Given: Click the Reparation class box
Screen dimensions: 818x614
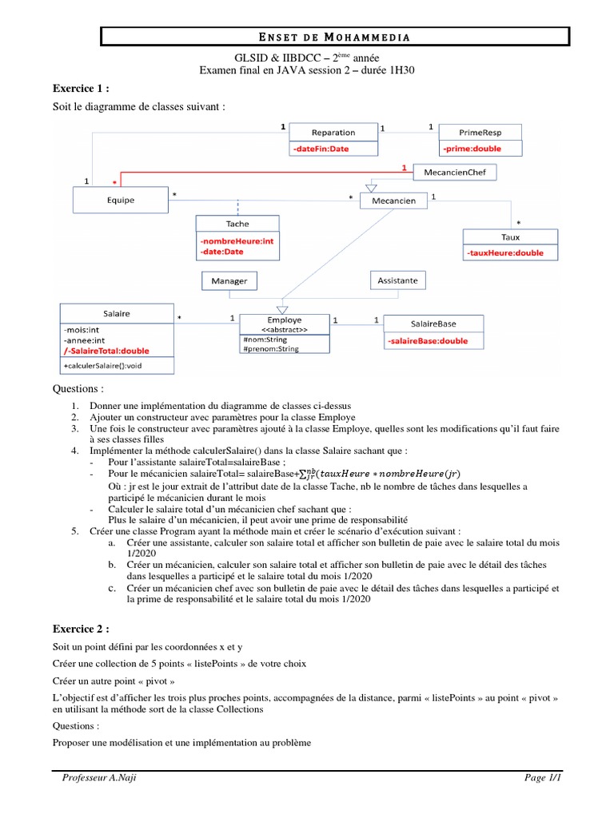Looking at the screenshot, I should point(333,132).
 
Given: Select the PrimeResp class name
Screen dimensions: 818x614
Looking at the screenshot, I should point(480,132).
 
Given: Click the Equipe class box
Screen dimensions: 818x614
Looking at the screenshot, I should point(121,200).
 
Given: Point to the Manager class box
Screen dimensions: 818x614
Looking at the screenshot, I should point(229,281).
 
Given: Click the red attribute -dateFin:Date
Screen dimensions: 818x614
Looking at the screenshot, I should point(321,149).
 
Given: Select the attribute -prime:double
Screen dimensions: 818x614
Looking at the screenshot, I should point(472,149).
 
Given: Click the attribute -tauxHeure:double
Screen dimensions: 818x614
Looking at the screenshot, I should point(506,252).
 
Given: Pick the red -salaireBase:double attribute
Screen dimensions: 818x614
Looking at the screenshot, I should point(429,341).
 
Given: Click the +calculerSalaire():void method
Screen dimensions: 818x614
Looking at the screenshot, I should point(107,366).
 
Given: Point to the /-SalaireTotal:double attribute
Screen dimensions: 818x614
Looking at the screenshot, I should point(106,350).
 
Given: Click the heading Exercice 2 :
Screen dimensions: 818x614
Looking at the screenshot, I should point(81,629).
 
